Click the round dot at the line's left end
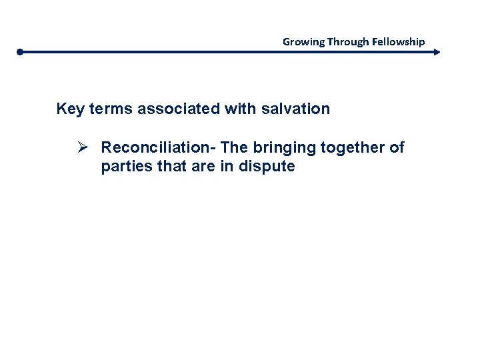point(21,51)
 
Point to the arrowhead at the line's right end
point(437,51)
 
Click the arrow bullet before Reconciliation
point(85,147)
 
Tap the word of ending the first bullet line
point(397,147)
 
